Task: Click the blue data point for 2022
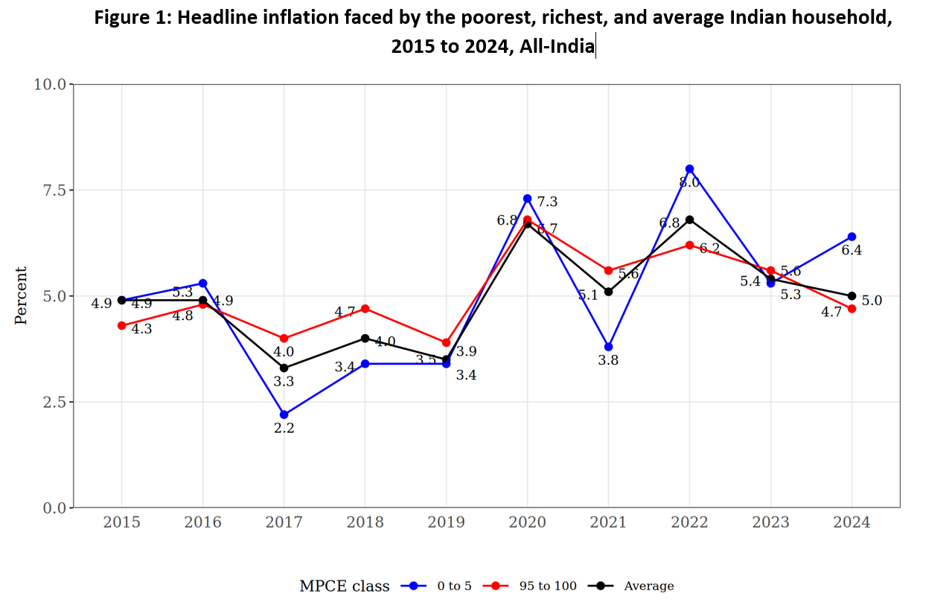(689, 169)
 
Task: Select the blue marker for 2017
(284, 415)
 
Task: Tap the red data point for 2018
(365, 308)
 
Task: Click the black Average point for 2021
(608, 292)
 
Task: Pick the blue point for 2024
(851, 237)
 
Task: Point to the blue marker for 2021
(608, 347)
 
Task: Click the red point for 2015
(121, 325)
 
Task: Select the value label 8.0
(689, 183)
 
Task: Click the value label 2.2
(284, 429)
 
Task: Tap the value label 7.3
(547, 202)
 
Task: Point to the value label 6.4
(851, 251)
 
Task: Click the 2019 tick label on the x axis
(446, 522)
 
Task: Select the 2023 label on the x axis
(770, 522)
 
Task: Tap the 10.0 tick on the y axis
(49, 84)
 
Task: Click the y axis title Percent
(21, 295)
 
